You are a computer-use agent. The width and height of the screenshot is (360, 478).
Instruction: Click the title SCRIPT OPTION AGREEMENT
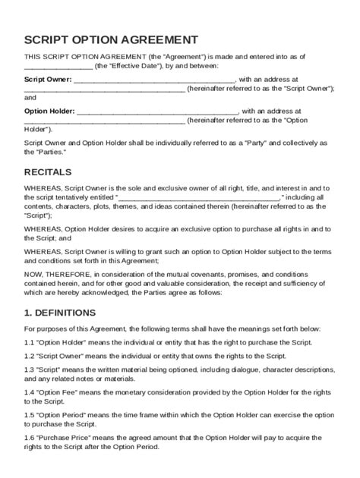pyautogui.click(x=112, y=40)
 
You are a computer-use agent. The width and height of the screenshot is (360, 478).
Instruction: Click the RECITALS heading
pyautogui.click(x=48, y=171)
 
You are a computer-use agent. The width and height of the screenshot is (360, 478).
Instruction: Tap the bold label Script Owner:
pyautogui.click(x=49, y=78)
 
